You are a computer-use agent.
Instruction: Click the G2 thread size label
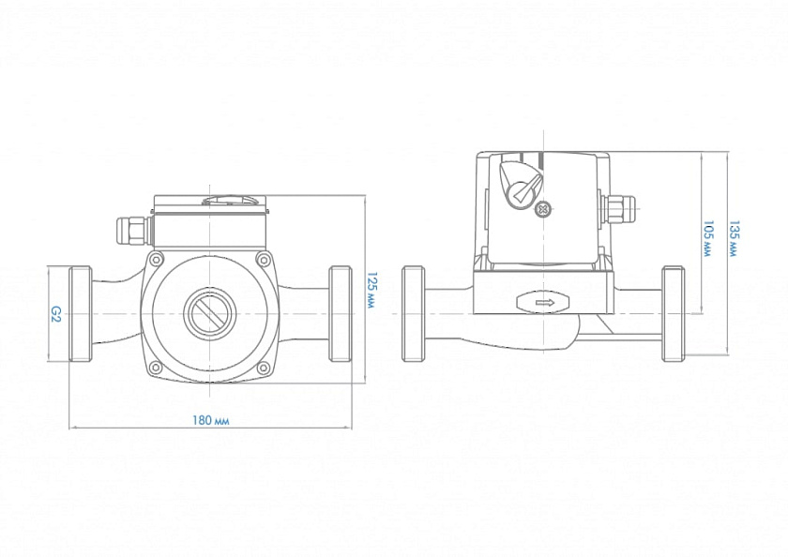[55, 313]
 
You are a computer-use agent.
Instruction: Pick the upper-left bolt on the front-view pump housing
[156, 260]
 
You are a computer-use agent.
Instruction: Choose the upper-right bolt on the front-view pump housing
[263, 260]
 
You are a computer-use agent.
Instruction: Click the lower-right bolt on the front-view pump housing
[263, 367]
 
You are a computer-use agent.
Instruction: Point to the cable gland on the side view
[620, 211]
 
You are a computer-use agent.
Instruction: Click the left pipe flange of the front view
[81, 313]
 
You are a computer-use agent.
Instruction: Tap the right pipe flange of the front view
[340, 313]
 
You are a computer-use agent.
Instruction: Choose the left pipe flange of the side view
[415, 313]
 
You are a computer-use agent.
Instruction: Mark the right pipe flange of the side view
[673, 313]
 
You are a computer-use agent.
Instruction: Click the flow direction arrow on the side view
[542, 302]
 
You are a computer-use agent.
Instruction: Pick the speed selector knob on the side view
[520, 183]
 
